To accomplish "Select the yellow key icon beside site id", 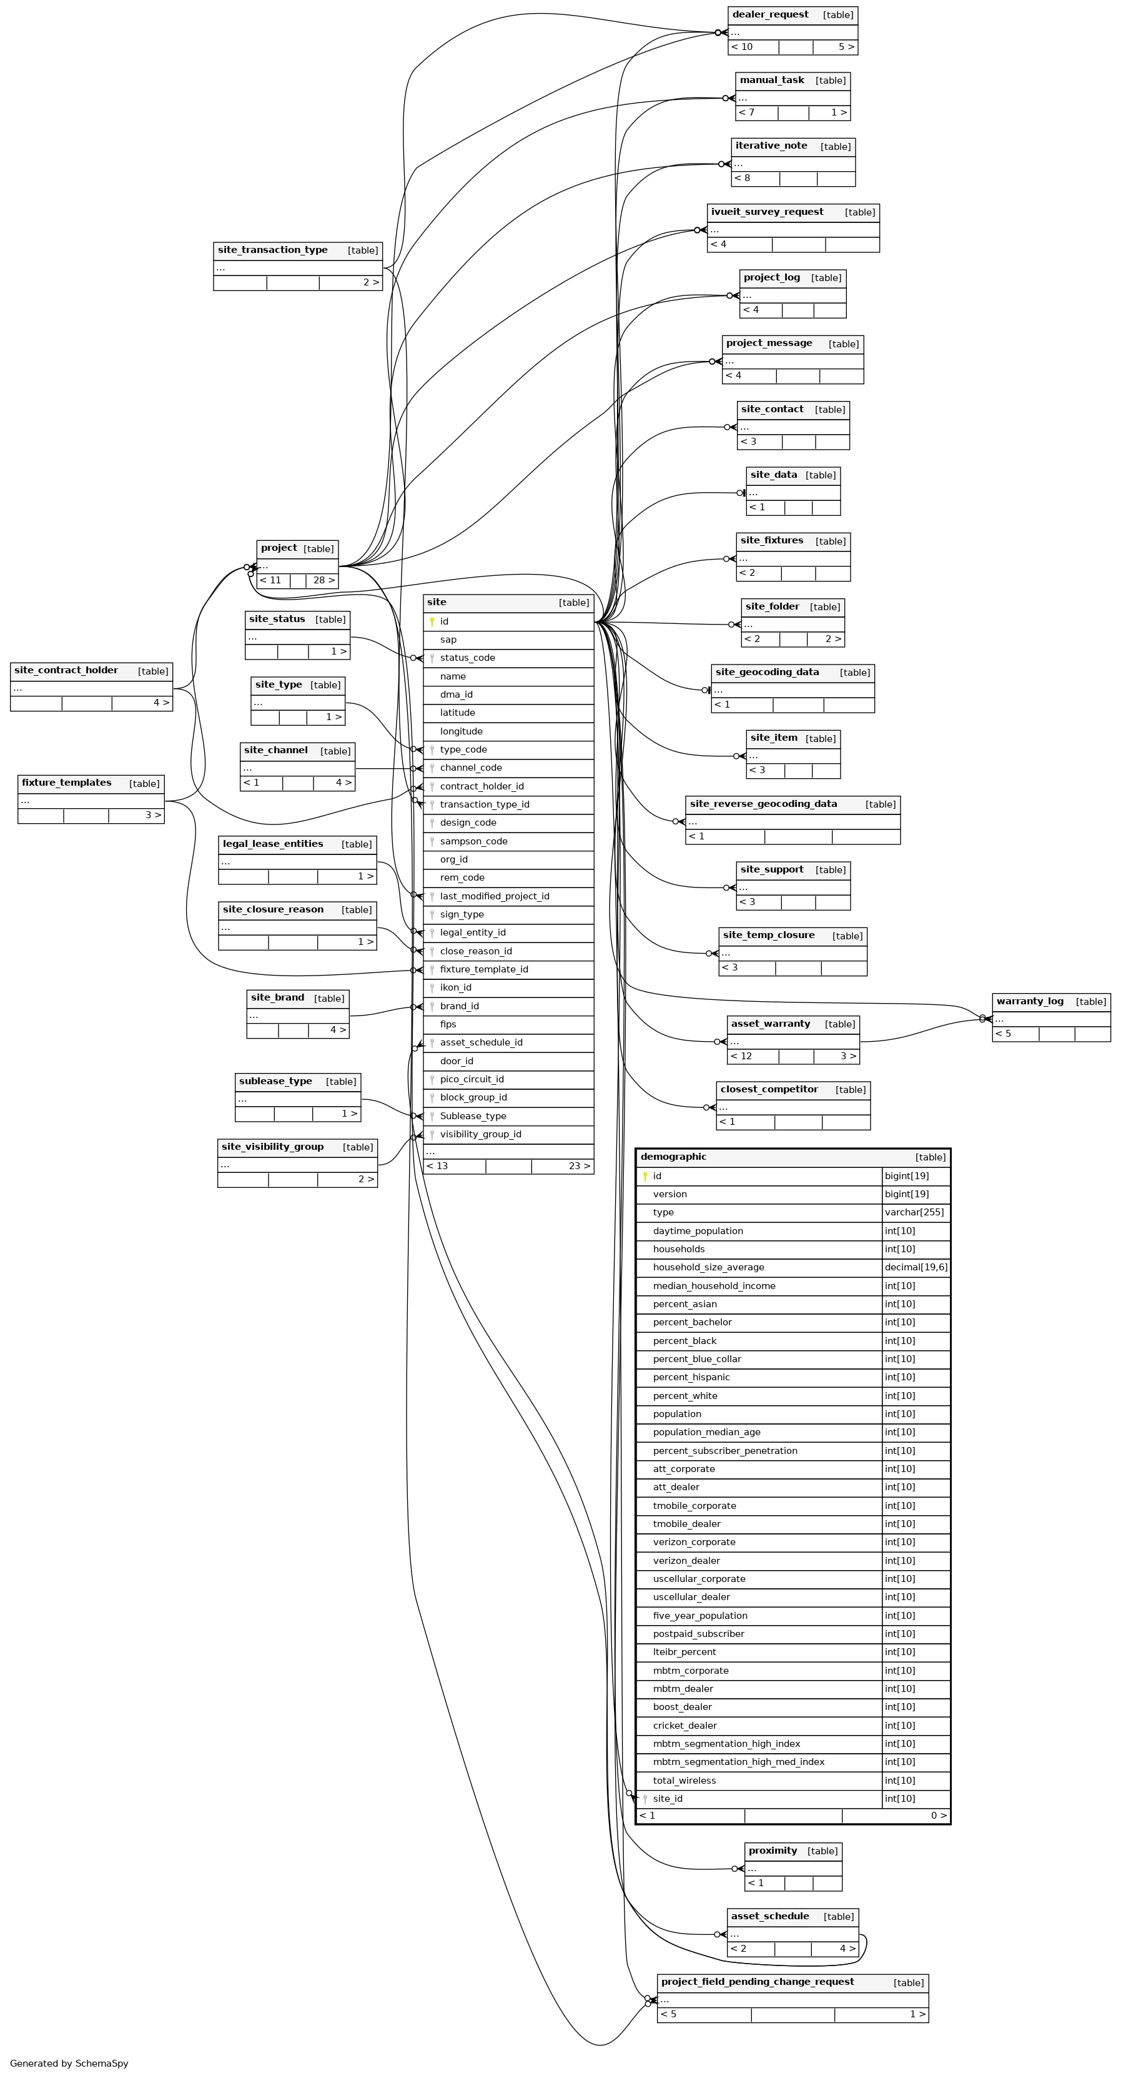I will (x=432, y=621).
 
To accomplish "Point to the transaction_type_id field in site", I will (x=485, y=804).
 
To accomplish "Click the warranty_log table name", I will (x=1029, y=1001).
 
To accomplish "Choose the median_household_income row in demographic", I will (x=714, y=1285).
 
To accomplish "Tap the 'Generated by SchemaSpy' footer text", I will (x=69, y=2063).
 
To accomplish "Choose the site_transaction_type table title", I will (x=272, y=250).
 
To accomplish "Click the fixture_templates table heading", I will (x=67, y=783).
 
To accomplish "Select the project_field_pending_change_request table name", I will (x=757, y=1981).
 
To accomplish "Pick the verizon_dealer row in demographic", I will (x=686, y=1560).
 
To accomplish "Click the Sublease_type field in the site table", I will (x=473, y=1115).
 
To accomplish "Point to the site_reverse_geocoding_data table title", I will (x=763, y=804).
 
